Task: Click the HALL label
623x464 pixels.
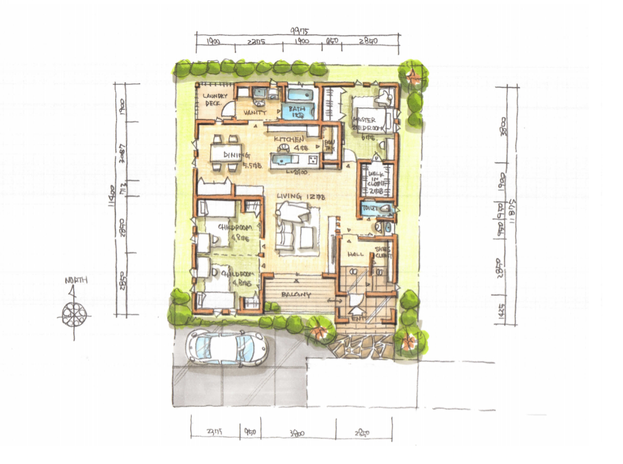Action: [x=353, y=255]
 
